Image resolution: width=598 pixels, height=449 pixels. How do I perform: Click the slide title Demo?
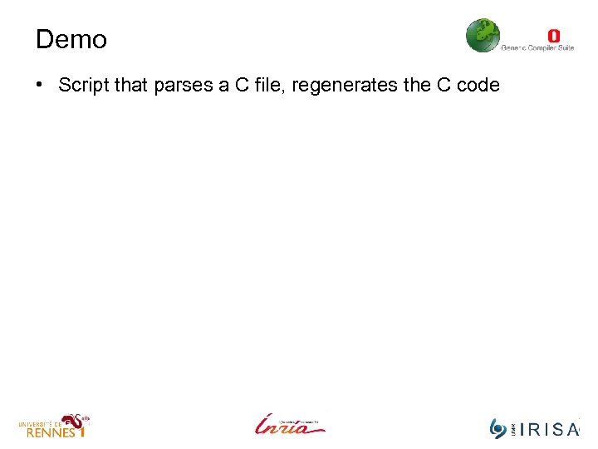71,39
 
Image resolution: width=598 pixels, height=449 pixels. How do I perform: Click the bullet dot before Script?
40,86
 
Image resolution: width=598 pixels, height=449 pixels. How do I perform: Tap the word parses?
180,86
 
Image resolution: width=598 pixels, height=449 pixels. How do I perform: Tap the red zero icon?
554,36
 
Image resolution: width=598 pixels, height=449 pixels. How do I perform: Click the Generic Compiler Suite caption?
537,48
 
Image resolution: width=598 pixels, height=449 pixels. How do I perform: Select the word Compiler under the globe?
539,48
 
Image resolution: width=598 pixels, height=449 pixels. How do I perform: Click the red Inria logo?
290,424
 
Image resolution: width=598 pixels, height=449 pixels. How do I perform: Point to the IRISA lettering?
547,429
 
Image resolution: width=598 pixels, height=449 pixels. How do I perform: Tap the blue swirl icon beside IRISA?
498,428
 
